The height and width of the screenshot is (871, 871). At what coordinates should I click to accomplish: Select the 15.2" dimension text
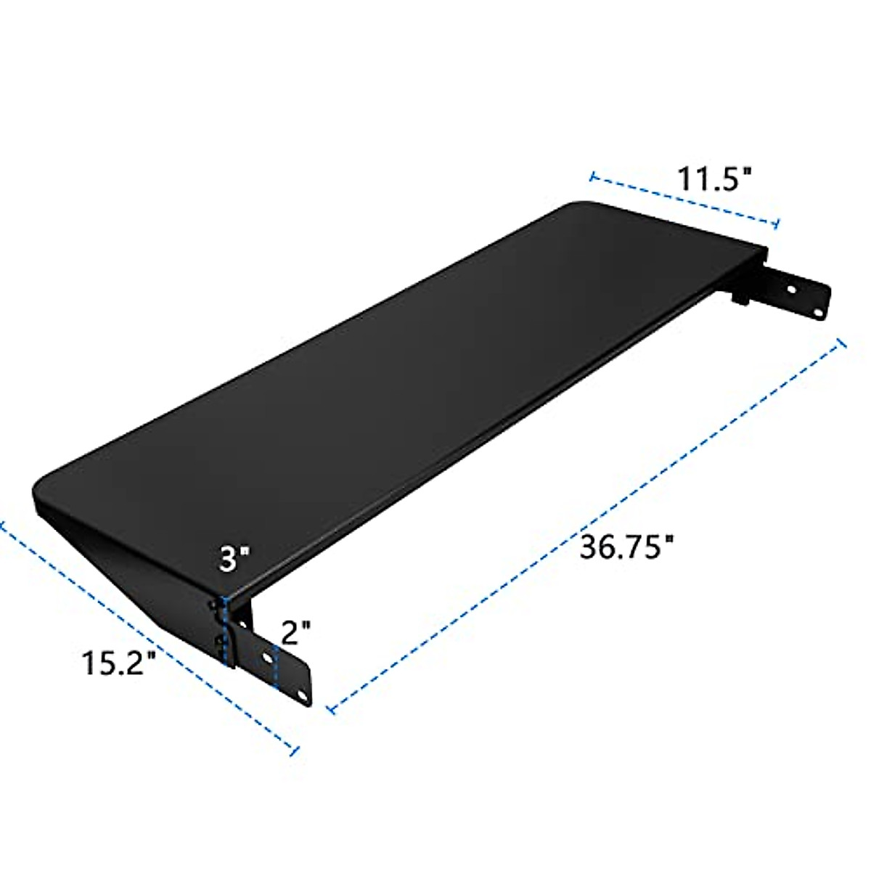click(x=119, y=663)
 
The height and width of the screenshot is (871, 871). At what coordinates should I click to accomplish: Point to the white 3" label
click(x=236, y=560)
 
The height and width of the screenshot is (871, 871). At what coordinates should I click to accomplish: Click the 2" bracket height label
click(x=295, y=633)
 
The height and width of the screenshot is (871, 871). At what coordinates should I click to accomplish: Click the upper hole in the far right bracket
click(x=792, y=288)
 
